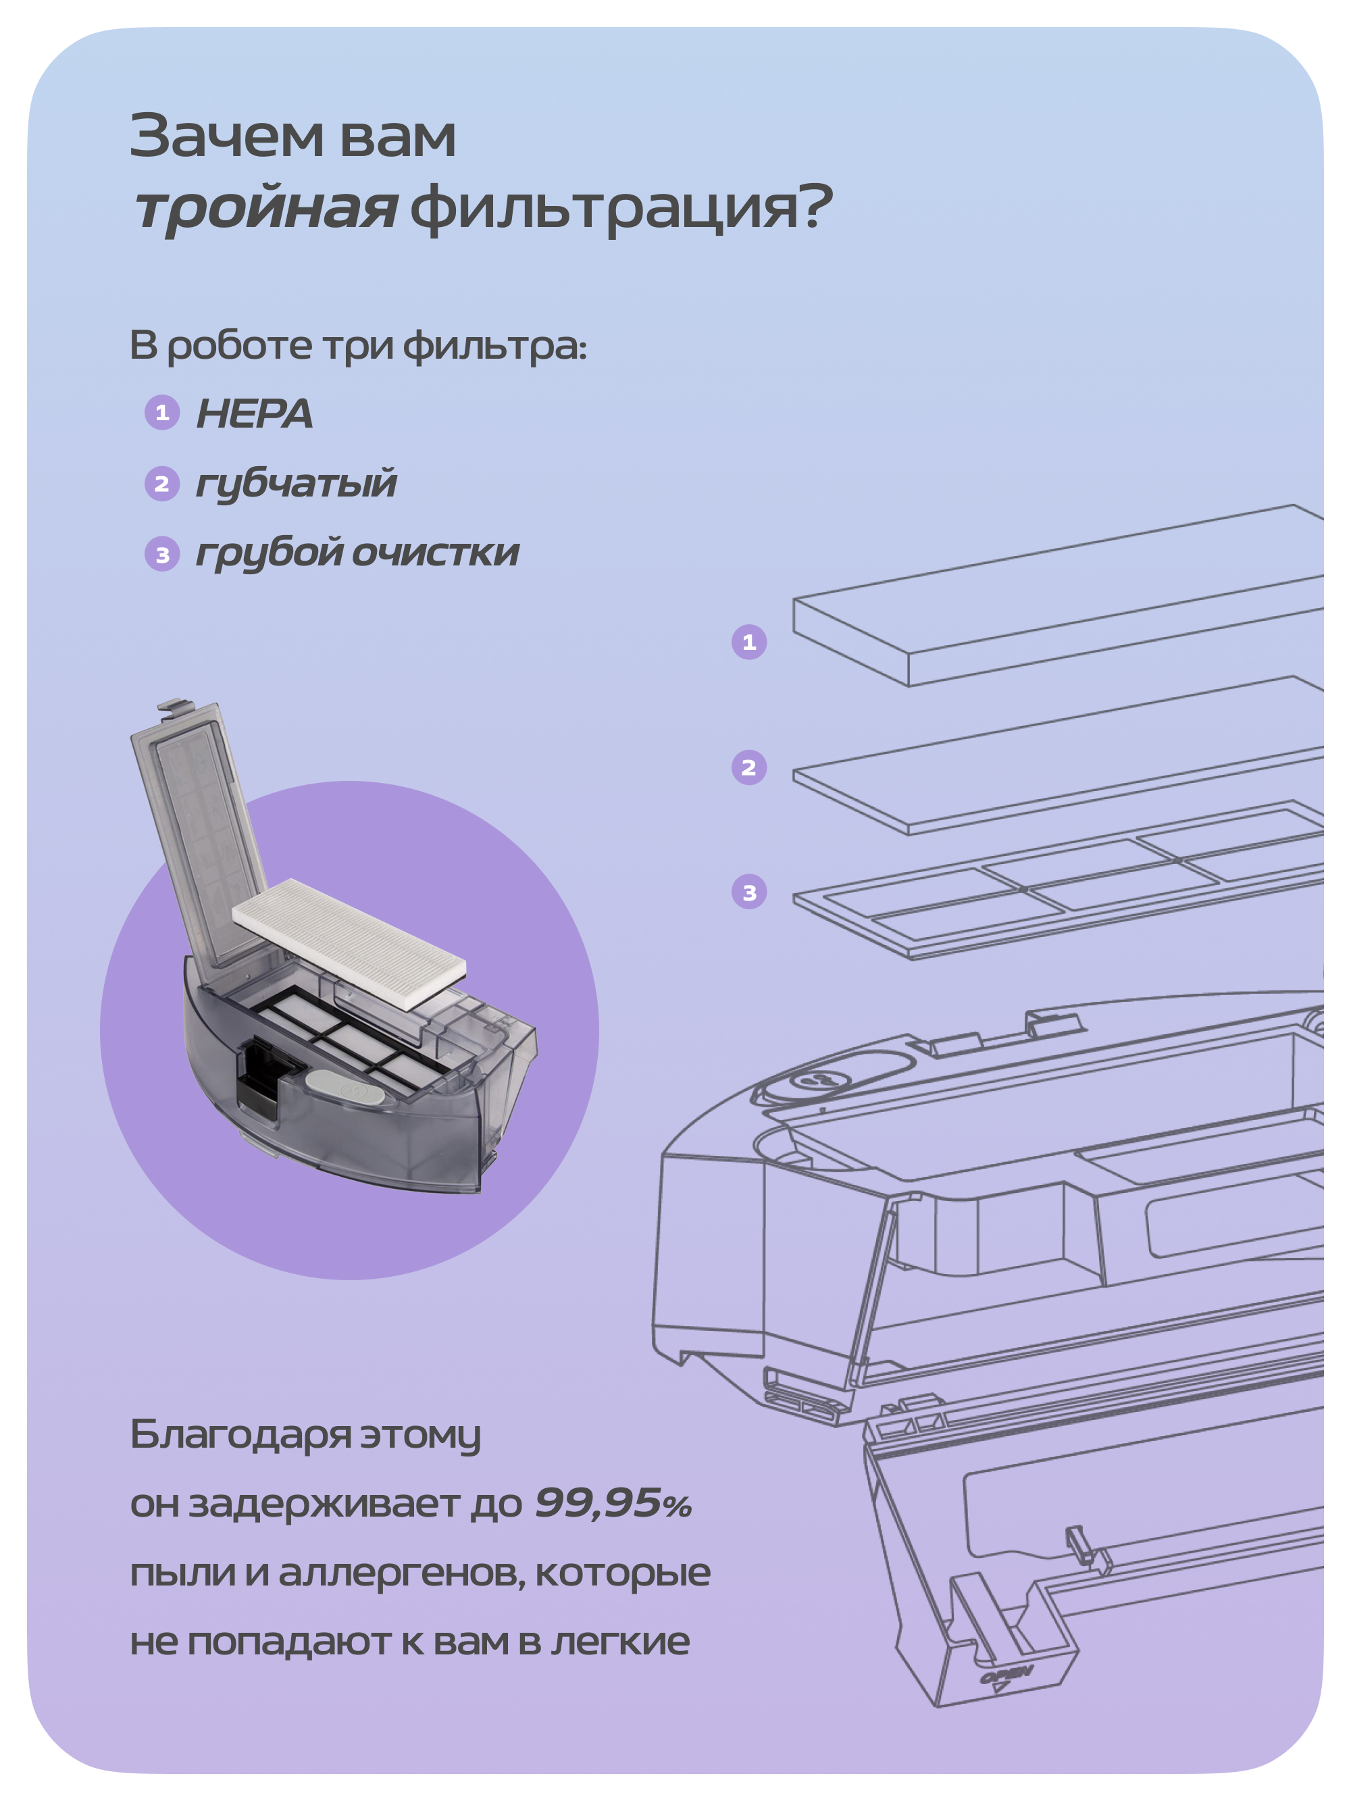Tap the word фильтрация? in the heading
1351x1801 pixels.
[621, 207]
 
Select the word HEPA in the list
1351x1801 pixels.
[254, 413]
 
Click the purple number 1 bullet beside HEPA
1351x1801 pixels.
[162, 413]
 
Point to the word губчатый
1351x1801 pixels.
[297, 484]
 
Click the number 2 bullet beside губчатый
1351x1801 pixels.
[162, 484]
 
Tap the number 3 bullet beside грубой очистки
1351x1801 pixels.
[162, 555]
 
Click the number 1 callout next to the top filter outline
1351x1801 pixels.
[749, 642]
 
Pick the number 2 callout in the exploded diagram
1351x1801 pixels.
[749, 768]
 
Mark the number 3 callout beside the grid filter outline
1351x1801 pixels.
[749, 892]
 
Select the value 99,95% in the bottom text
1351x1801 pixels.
[613, 1503]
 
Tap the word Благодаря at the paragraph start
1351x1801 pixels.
[240, 1435]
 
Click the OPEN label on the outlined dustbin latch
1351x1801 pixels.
[1006, 1675]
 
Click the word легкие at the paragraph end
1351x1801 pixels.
[621, 1642]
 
